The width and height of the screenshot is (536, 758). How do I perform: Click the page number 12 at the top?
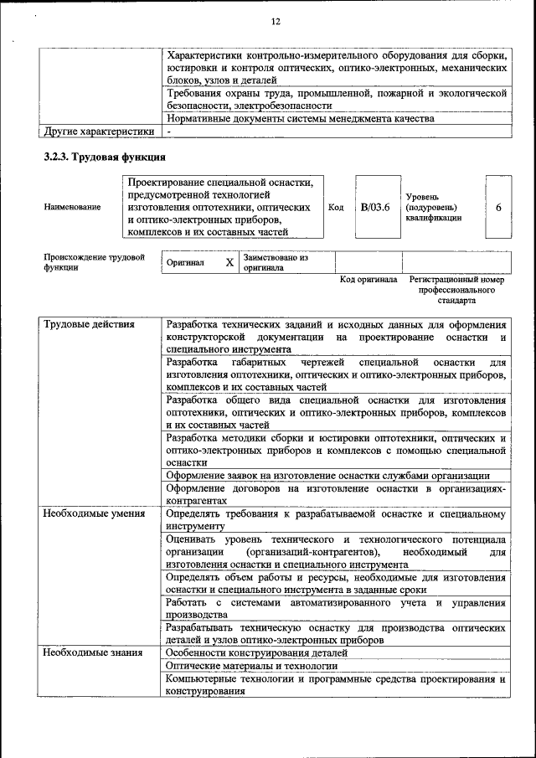pyautogui.click(x=276, y=21)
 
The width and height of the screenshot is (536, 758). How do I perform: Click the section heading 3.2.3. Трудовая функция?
pyautogui.click(x=104, y=157)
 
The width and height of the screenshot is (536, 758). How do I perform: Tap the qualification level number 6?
pyautogui.click(x=498, y=207)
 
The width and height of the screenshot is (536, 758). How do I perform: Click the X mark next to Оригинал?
pyautogui.click(x=229, y=262)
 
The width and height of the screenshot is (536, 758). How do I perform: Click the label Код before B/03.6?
pyautogui.click(x=336, y=207)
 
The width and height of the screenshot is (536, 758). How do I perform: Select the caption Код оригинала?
pyautogui.click(x=368, y=279)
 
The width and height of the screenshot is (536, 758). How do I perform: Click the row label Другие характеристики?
pyautogui.click(x=99, y=131)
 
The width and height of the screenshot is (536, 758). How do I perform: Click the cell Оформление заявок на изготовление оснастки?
pyautogui.click(x=333, y=475)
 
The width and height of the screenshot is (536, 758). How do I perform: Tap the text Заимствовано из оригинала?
pyautogui.click(x=276, y=262)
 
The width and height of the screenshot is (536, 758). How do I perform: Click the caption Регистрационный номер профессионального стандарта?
pyautogui.click(x=456, y=289)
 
